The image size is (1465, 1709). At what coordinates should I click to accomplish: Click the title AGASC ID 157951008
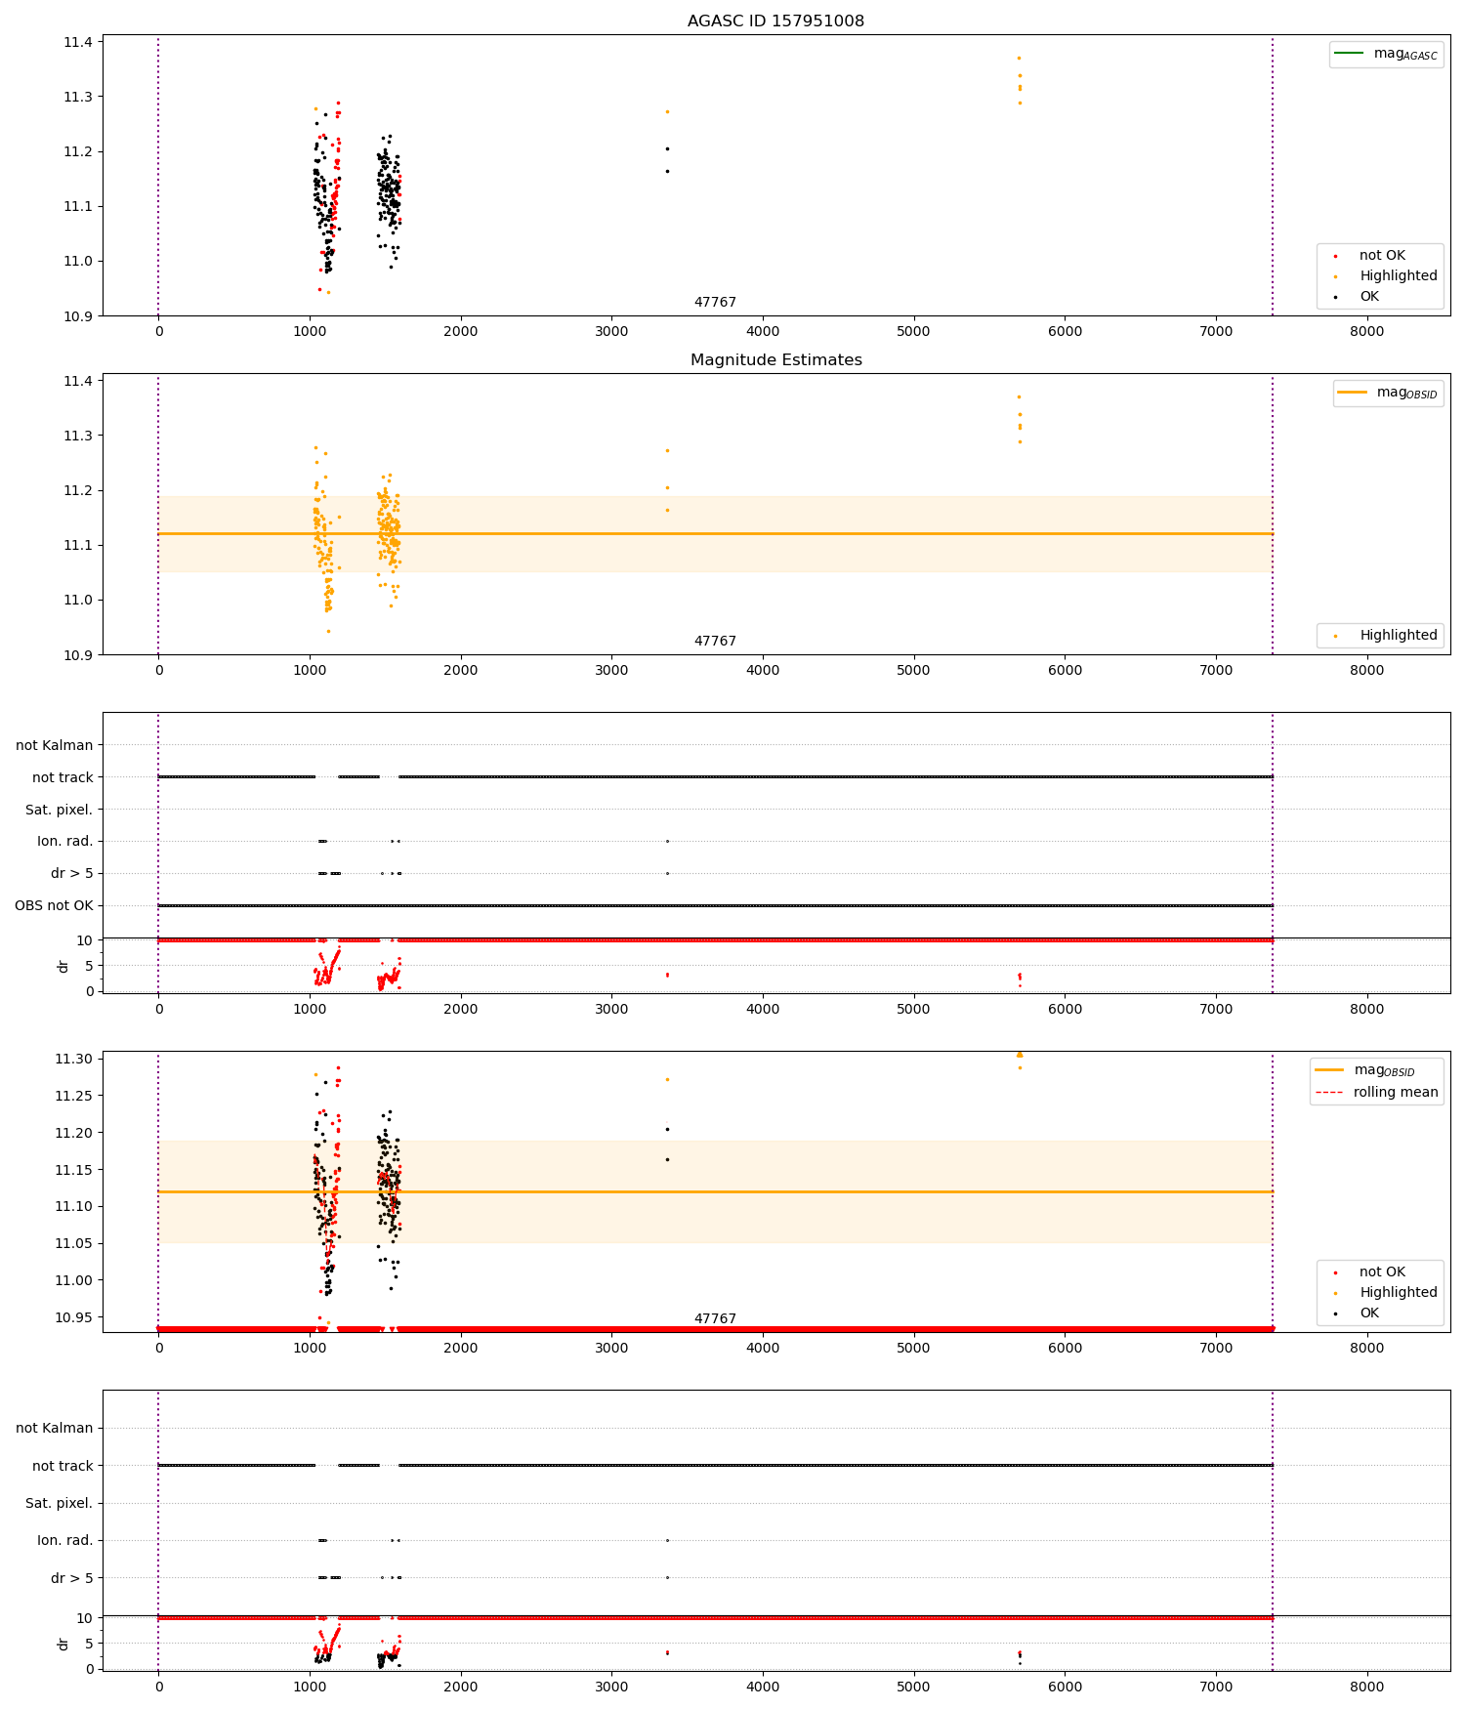pos(775,21)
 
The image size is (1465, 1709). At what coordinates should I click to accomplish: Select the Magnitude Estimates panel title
pos(775,359)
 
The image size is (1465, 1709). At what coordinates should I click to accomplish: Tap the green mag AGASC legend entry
pos(1386,54)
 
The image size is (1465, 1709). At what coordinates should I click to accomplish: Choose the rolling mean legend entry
pos(1377,1092)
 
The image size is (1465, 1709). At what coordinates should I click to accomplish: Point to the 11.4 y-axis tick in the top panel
pos(78,42)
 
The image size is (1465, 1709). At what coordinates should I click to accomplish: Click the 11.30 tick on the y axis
pos(73,1059)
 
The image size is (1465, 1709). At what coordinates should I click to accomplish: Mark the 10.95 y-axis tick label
pos(73,1317)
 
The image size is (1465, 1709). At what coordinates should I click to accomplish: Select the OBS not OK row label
pos(54,905)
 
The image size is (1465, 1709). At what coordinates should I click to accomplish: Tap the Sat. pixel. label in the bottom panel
pos(59,1503)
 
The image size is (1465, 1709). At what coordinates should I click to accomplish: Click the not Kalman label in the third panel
pos(54,745)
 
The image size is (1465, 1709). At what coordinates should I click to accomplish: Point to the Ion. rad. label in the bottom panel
pos(64,1540)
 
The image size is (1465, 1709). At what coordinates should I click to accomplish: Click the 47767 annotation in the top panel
pos(715,302)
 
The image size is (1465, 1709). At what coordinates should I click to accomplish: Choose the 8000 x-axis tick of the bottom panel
pos(1366,1687)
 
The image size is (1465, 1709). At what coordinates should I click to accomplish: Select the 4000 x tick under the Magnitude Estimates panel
pos(763,670)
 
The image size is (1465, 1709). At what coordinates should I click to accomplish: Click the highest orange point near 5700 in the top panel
pos(1019,58)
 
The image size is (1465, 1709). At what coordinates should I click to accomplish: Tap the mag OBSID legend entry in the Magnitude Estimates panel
pos(1388,393)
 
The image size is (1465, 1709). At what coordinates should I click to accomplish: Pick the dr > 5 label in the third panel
pos(71,873)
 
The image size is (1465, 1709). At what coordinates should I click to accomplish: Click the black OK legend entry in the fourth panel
pos(1368,1313)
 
